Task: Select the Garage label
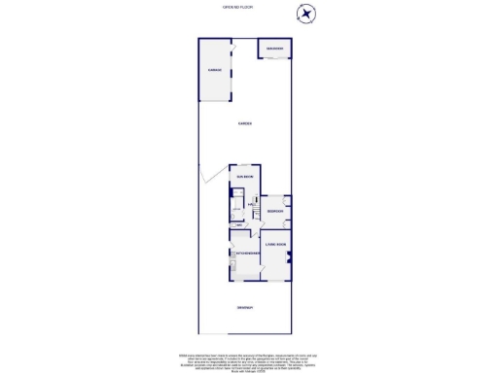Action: [215, 70]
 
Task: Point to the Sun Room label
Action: [244, 178]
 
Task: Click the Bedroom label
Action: [275, 211]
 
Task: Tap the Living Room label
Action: [275, 245]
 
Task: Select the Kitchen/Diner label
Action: [244, 254]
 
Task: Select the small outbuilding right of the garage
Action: [274, 49]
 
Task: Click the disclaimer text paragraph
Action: [248, 360]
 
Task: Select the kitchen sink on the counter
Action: [232, 264]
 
